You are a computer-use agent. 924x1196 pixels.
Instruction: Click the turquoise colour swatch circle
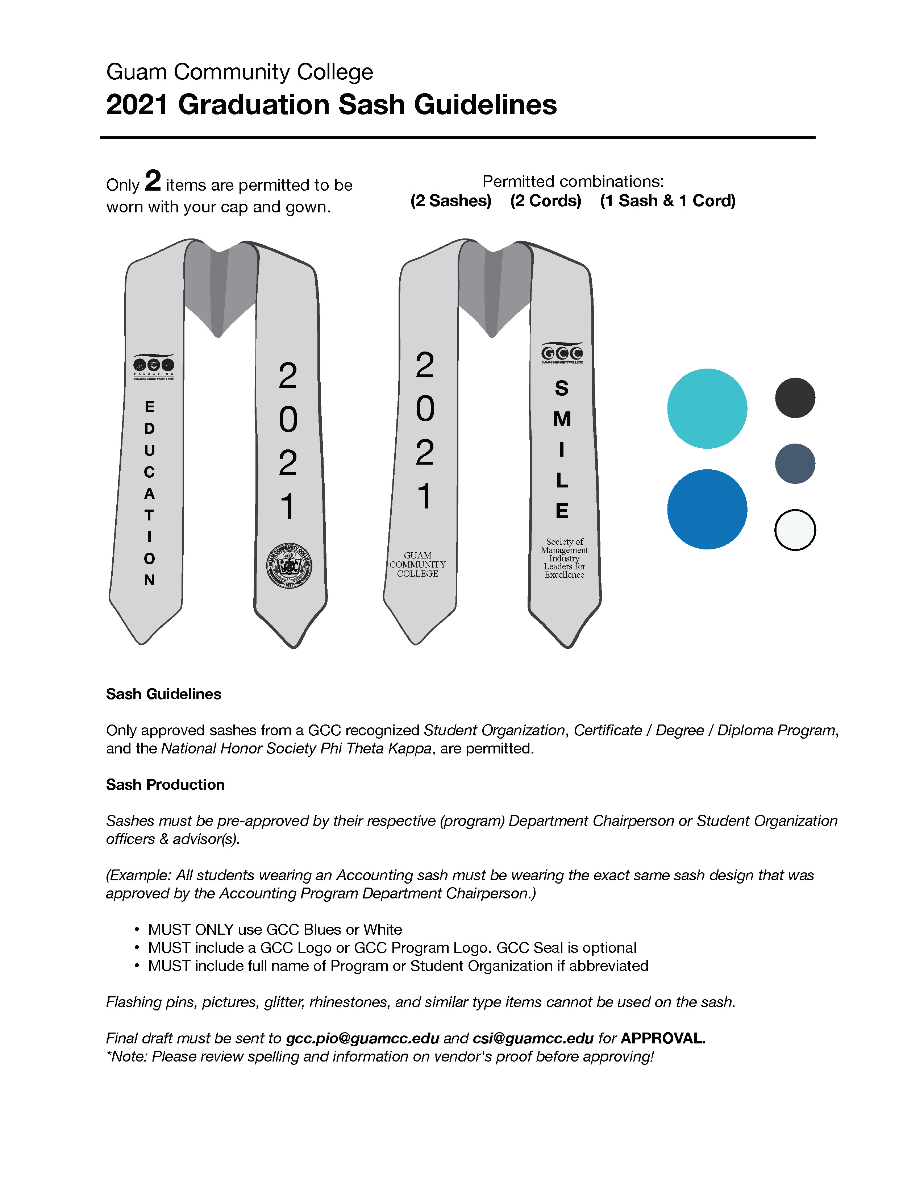click(x=707, y=408)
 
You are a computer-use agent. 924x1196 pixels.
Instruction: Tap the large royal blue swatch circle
click(x=707, y=509)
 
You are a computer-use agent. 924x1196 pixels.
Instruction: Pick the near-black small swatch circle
click(x=795, y=398)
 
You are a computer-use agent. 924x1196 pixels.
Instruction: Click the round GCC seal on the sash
click(x=289, y=566)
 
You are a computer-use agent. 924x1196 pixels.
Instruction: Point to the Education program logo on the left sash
click(x=153, y=366)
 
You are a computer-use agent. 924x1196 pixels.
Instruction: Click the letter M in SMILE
click(x=562, y=419)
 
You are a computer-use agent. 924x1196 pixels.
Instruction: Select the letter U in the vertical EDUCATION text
click(x=149, y=450)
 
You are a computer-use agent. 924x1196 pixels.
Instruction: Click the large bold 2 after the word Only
click(x=153, y=181)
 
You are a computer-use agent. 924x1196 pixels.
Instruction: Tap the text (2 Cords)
click(x=545, y=200)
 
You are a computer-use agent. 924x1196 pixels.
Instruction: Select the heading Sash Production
click(x=165, y=785)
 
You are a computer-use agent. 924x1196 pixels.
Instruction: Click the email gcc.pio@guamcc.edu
click(x=362, y=1038)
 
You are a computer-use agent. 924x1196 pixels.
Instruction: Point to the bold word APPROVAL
click(x=662, y=1038)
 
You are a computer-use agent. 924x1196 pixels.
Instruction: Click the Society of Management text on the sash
click(x=564, y=558)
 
